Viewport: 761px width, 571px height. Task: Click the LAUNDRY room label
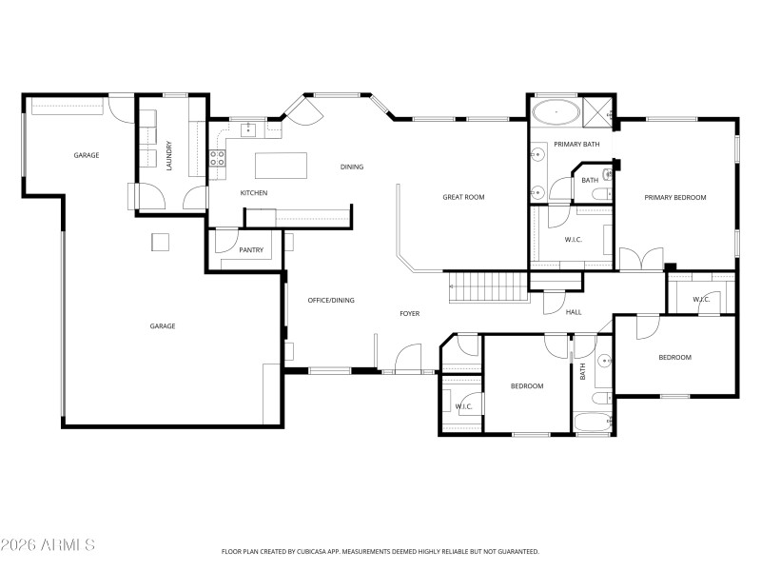coord(168,155)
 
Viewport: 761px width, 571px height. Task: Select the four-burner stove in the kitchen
coord(217,157)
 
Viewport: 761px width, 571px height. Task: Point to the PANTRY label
coord(251,250)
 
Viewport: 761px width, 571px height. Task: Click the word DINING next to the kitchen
coord(352,167)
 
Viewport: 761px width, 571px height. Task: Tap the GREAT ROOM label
coord(463,197)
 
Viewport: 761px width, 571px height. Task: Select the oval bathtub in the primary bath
coord(554,114)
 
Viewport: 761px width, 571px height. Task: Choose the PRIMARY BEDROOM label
coord(675,197)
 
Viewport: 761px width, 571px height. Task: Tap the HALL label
coord(574,311)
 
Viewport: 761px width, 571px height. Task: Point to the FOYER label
coord(409,313)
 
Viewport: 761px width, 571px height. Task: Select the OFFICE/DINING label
coord(331,301)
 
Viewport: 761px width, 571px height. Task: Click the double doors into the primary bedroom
coord(641,259)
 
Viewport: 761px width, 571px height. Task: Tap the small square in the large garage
coord(160,242)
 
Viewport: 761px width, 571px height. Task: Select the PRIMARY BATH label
coord(576,144)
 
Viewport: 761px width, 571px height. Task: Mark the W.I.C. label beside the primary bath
coord(573,239)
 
